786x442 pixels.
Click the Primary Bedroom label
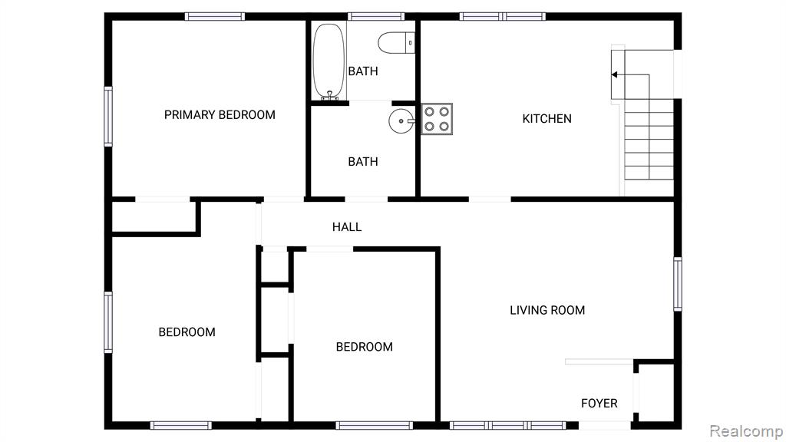[220, 115]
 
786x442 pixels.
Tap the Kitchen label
[547, 119]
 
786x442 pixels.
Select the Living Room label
[547, 310]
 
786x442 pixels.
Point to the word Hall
[347, 227]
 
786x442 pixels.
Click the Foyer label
[599, 404]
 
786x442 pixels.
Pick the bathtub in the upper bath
[329, 61]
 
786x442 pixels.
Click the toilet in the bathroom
[397, 43]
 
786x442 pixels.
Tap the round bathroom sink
[401, 120]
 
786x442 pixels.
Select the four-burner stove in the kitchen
[437, 119]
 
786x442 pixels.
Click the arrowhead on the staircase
[614, 74]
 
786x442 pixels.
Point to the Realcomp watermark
[746, 431]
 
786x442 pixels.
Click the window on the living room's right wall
[678, 284]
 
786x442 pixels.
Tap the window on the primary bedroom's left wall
[108, 117]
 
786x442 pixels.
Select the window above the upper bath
[376, 17]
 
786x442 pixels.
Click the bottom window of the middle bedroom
[375, 425]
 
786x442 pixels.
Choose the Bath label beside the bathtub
[363, 71]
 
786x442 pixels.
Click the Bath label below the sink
[363, 162]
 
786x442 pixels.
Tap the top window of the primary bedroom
[215, 17]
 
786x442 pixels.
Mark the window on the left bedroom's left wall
[108, 322]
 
